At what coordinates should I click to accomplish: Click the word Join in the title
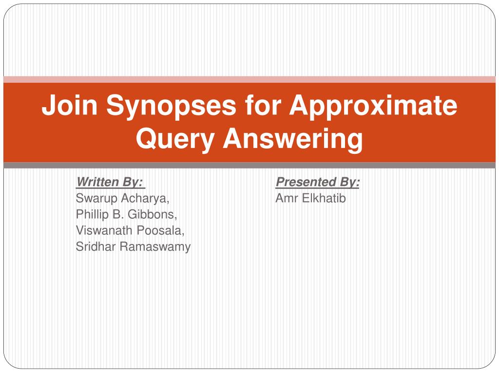click(69, 105)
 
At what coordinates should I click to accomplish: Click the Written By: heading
click(111, 182)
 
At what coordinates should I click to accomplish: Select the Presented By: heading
click(318, 182)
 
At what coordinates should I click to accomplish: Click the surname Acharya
click(145, 199)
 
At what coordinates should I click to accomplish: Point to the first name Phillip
click(92, 215)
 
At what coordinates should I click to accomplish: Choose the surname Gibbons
click(153, 214)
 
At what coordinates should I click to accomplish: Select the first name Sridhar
click(96, 246)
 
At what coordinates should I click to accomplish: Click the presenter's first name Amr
click(287, 198)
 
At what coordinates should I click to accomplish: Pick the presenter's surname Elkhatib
click(324, 198)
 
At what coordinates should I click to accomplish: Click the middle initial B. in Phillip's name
click(118, 214)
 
